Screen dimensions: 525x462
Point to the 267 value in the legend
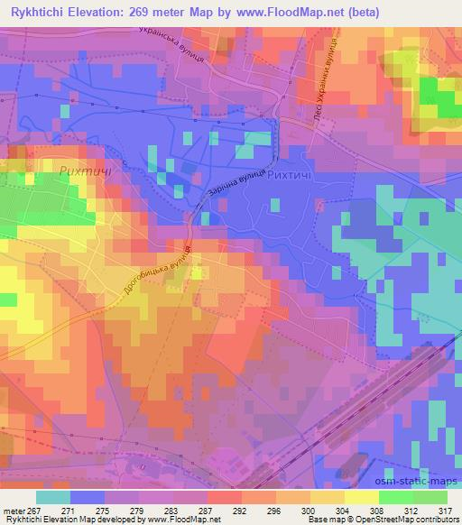point(33,510)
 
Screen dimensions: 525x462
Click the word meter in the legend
point(14,510)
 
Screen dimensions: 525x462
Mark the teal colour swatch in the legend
point(53,497)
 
